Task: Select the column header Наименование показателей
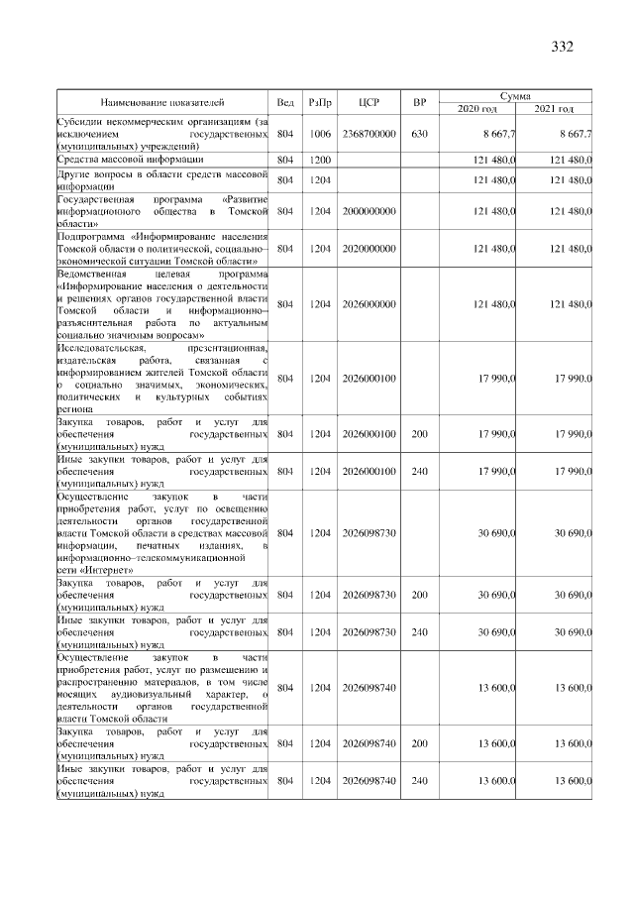[162, 102]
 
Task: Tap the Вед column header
[285, 102]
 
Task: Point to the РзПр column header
[320, 102]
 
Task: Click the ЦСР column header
[369, 102]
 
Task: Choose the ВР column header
[419, 102]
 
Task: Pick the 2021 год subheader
[554, 108]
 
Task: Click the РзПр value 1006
[320, 134]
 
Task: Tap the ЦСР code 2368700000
[369, 134]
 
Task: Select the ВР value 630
[419, 134]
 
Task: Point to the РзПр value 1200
[320, 159]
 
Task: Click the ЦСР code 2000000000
[369, 211]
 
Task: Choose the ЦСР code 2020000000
[369, 249]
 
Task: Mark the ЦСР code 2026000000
[369, 304]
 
